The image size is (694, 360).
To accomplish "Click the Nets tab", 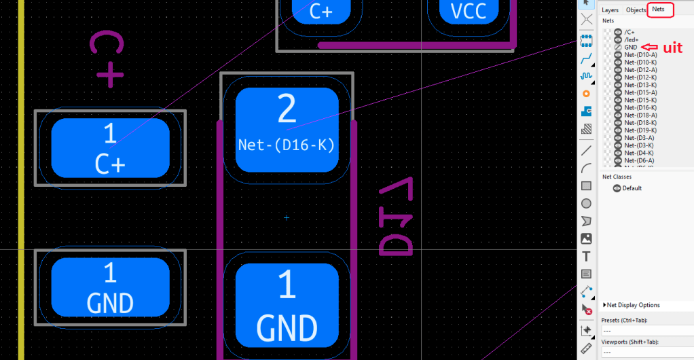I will tap(658, 10).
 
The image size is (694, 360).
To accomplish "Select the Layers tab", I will tap(610, 10).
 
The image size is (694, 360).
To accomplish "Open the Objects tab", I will tap(636, 10).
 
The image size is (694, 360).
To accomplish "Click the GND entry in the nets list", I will tap(631, 47).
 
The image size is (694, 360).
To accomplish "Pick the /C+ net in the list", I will tap(629, 32).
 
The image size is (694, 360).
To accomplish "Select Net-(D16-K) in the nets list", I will tap(640, 107).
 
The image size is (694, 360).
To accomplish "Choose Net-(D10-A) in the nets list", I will tap(640, 54).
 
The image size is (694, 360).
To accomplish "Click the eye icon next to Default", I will tap(617, 188).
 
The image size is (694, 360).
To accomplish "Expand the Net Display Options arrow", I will tap(604, 306).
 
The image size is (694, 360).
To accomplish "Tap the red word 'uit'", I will tap(672, 48).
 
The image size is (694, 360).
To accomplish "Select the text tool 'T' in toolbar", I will tap(587, 256).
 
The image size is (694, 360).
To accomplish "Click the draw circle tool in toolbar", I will tap(587, 203).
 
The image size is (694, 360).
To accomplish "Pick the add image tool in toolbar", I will tap(587, 238).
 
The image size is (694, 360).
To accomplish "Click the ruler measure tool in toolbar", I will tap(587, 348).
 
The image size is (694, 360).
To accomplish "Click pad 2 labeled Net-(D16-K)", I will tap(287, 129).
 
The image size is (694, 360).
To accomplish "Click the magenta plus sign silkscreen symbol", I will tap(109, 74).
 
